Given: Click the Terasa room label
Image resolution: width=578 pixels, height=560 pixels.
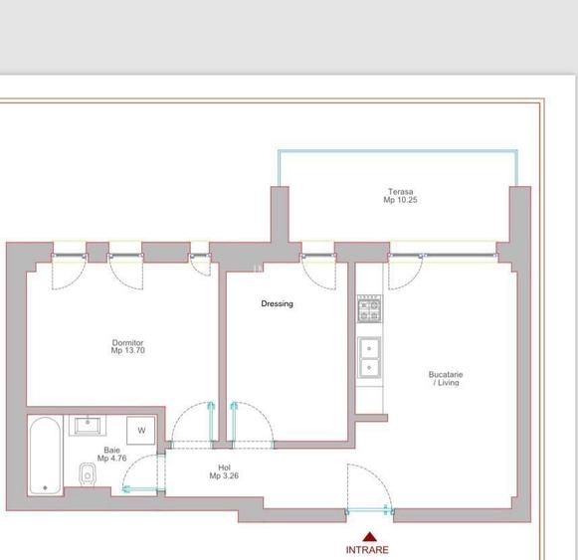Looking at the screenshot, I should pos(400,192).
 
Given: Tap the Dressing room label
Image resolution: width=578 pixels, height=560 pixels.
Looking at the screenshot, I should pos(277,303).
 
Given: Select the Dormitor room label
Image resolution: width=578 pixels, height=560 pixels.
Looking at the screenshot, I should pos(127,343).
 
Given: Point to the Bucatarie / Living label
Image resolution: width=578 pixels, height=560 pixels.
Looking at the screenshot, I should pos(446,378).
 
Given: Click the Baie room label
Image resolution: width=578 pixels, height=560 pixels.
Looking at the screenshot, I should pos(112,451).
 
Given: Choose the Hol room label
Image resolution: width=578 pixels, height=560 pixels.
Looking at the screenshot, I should pos(224,467).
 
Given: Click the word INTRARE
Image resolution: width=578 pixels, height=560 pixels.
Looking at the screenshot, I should pos(367,549).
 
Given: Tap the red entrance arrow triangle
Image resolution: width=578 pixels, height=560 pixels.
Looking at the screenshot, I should pos(369,536).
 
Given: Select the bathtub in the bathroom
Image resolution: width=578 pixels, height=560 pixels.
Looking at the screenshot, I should pos(45,456).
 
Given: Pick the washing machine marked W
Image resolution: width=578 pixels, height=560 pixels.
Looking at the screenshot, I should pos(141,431).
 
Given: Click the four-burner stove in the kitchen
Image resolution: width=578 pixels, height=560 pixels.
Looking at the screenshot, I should pos(369,309).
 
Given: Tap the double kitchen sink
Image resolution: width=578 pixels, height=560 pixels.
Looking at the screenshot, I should pos(369,357).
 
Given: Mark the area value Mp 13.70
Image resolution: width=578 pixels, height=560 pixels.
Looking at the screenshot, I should pos(127,350).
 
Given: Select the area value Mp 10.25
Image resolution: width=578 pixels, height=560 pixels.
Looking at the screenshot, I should pos(400,200).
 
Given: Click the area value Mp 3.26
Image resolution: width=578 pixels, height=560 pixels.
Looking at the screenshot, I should pos(224,476).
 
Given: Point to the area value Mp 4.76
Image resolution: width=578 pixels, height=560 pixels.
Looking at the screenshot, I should pos(112,459).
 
